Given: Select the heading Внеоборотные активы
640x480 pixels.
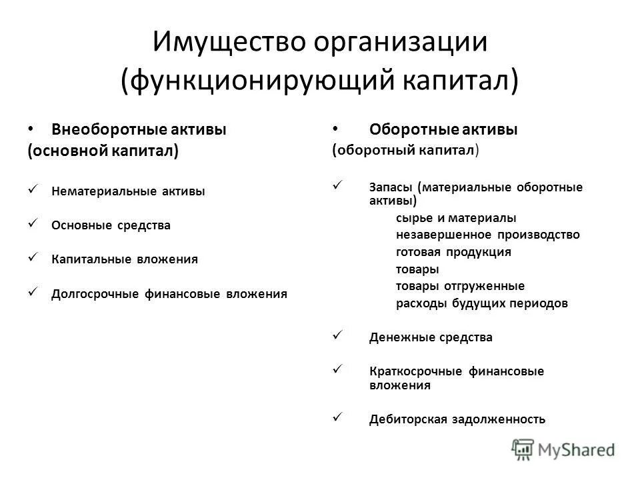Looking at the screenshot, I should (x=139, y=129).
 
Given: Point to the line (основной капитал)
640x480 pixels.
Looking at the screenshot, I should (x=103, y=151).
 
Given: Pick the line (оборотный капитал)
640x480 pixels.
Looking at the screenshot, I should (x=405, y=151).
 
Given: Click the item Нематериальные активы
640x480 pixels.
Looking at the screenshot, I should (x=128, y=191).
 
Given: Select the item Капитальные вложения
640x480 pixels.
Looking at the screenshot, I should (x=124, y=259).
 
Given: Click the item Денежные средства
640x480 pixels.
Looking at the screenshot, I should (x=430, y=337).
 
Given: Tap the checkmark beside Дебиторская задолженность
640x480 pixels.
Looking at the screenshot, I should (x=337, y=418).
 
